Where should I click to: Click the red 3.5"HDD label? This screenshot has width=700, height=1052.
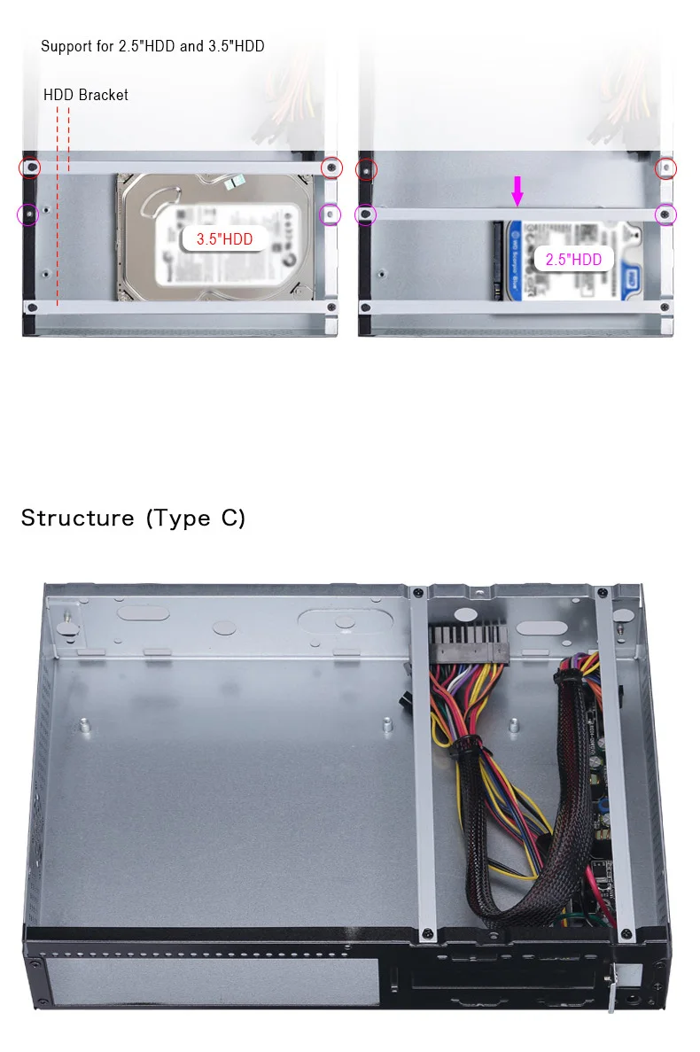224,238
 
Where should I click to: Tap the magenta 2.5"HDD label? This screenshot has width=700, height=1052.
573,259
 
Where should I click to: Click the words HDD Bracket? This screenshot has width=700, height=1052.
86,95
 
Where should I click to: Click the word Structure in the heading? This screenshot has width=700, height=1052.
78,518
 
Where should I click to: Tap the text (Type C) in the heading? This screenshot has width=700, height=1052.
196,518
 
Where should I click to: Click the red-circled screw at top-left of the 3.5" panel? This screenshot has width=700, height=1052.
31,168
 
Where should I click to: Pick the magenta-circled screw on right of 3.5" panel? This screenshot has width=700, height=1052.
330,214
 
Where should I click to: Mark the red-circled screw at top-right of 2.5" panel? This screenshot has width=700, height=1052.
665,168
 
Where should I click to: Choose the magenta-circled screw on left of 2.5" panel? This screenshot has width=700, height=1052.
364,214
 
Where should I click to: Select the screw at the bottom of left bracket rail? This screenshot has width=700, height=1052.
428,932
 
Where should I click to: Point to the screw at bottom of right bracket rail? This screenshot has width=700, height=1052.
627,932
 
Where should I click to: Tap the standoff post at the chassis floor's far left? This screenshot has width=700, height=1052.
83,726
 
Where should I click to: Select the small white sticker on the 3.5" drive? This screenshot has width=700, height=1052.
233,183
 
